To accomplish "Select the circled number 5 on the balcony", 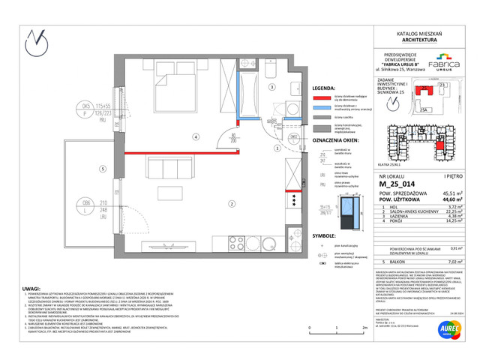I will (100, 168).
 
